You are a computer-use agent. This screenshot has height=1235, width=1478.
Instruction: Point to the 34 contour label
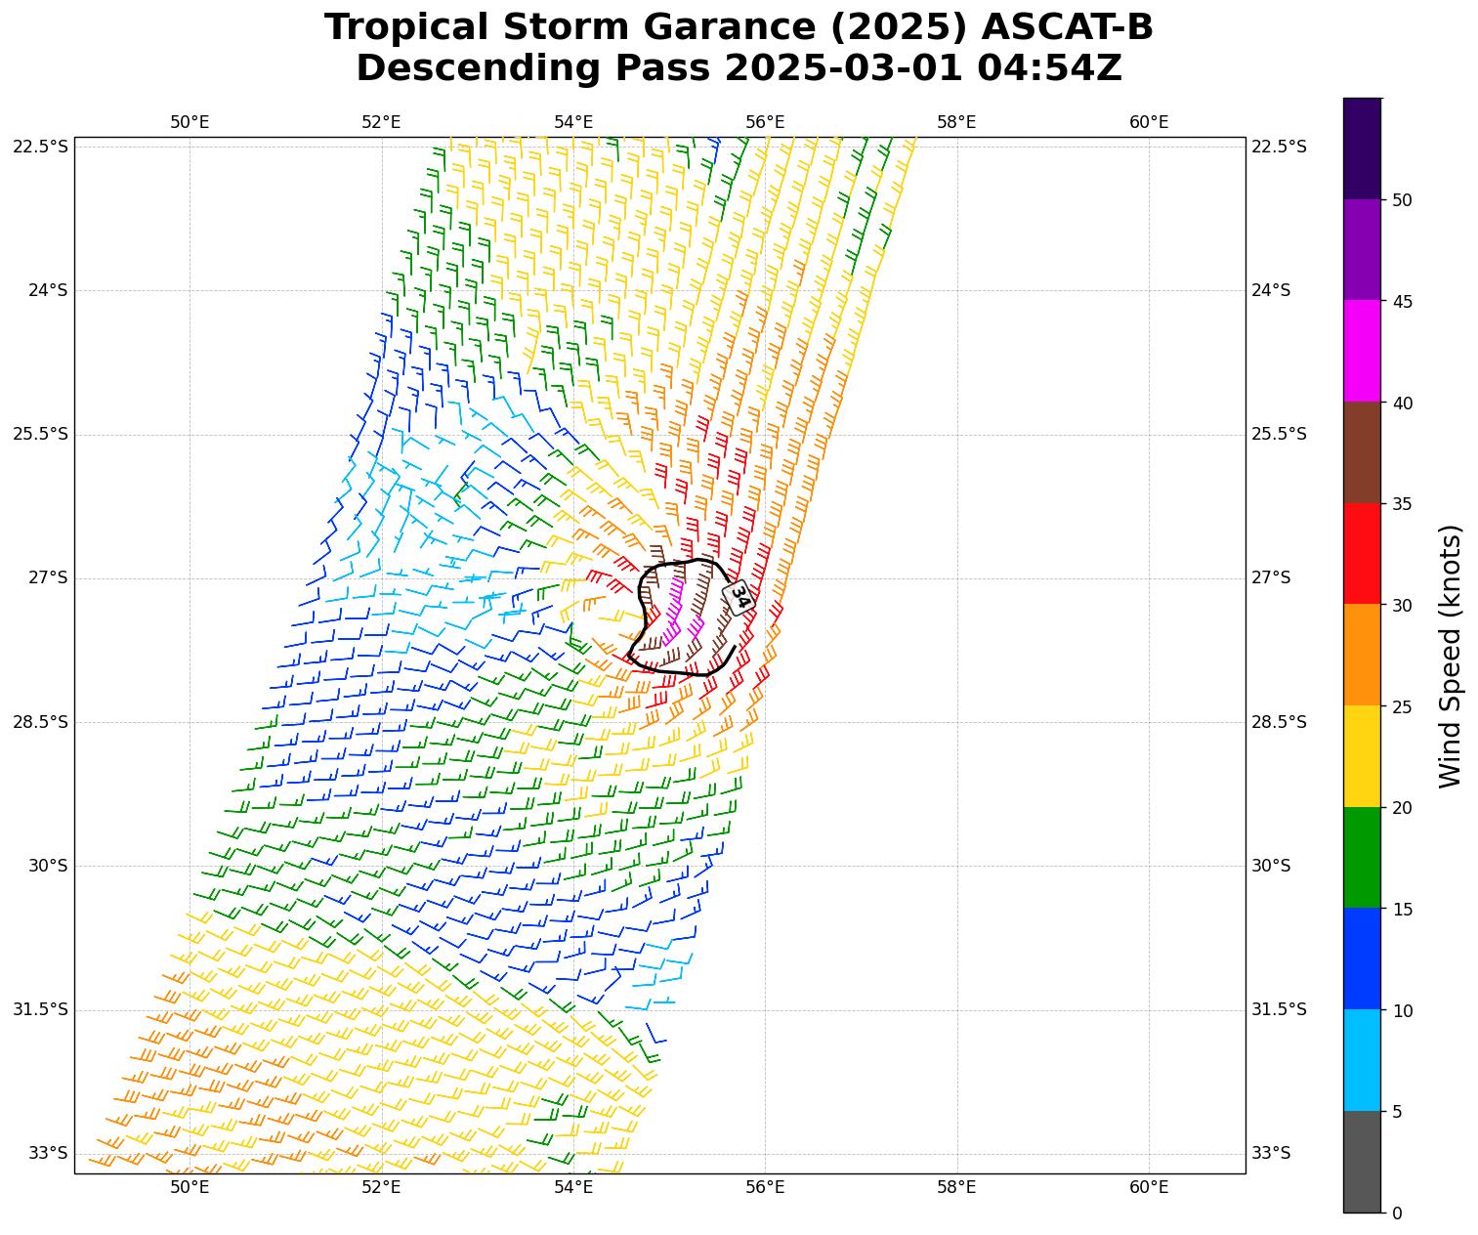coord(739,596)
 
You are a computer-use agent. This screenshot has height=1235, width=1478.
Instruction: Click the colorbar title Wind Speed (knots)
coord(1451,656)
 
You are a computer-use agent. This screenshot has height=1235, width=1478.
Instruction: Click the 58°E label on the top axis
coord(956,122)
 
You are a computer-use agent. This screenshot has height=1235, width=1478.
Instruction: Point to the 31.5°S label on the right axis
coord(1279,1010)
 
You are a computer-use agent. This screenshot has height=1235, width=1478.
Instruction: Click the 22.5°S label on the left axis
coord(40,147)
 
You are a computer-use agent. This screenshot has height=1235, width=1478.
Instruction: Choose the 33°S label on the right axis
coord(1271,1154)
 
